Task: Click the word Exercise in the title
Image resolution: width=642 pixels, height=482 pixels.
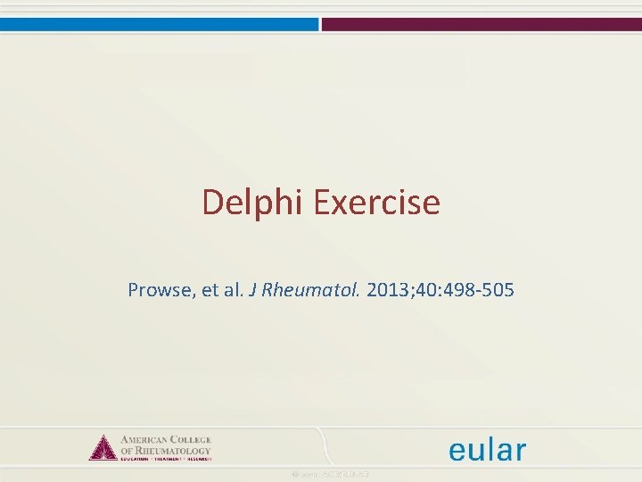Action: pyautogui.click(x=375, y=203)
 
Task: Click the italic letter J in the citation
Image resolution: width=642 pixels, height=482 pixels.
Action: pyautogui.click(x=253, y=290)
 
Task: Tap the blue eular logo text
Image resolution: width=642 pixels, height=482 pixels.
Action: pyautogui.click(x=487, y=450)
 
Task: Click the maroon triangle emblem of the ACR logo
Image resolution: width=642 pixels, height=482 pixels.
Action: pyautogui.click(x=103, y=448)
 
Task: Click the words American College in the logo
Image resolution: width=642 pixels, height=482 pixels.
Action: pyautogui.click(x=165, y=441)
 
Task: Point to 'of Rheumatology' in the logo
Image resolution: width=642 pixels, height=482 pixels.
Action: pyautogui.click(x=165, y=451)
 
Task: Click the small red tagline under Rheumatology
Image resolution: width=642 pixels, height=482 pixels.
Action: pyautogui.click(x=165, y=459)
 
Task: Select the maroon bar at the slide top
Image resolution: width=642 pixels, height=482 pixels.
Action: pyautogui.click(x=481, y=24)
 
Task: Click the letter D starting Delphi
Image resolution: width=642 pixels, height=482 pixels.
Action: pyautogui.click(x=210, y=203)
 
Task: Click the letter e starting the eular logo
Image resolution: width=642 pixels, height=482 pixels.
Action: pyautogui.click(x=457, y=452)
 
